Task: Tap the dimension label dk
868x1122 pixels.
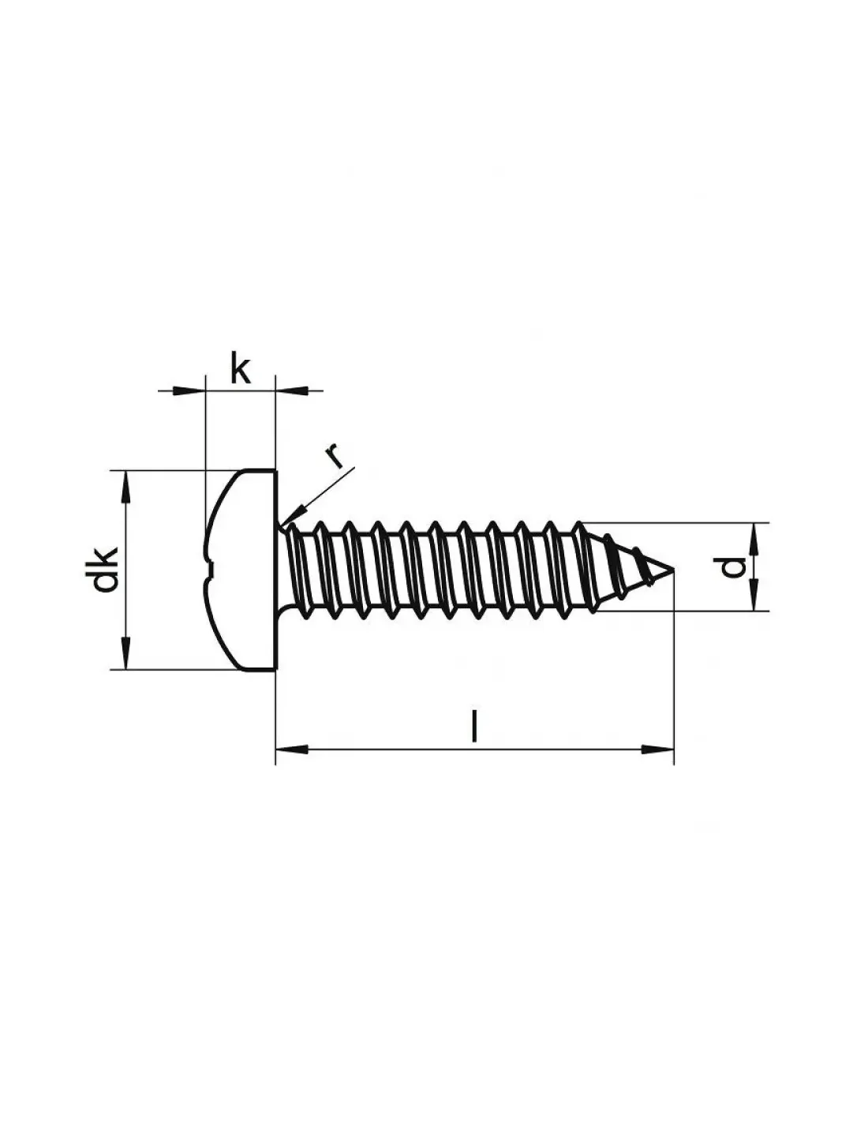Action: pyautogui.click(x=105, y=570)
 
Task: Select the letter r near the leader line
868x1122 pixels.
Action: pyautogui.click(x=334, y=455)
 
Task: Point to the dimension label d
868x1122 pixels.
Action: pyautogui.click(x=733, y=567)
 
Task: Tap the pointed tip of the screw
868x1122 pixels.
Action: pyautogui.click(x=673, y=569)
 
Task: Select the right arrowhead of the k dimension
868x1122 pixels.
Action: pyautogui.click(x=290, y=391)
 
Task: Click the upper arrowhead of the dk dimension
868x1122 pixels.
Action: pyautogui.click(x=125, y=486)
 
